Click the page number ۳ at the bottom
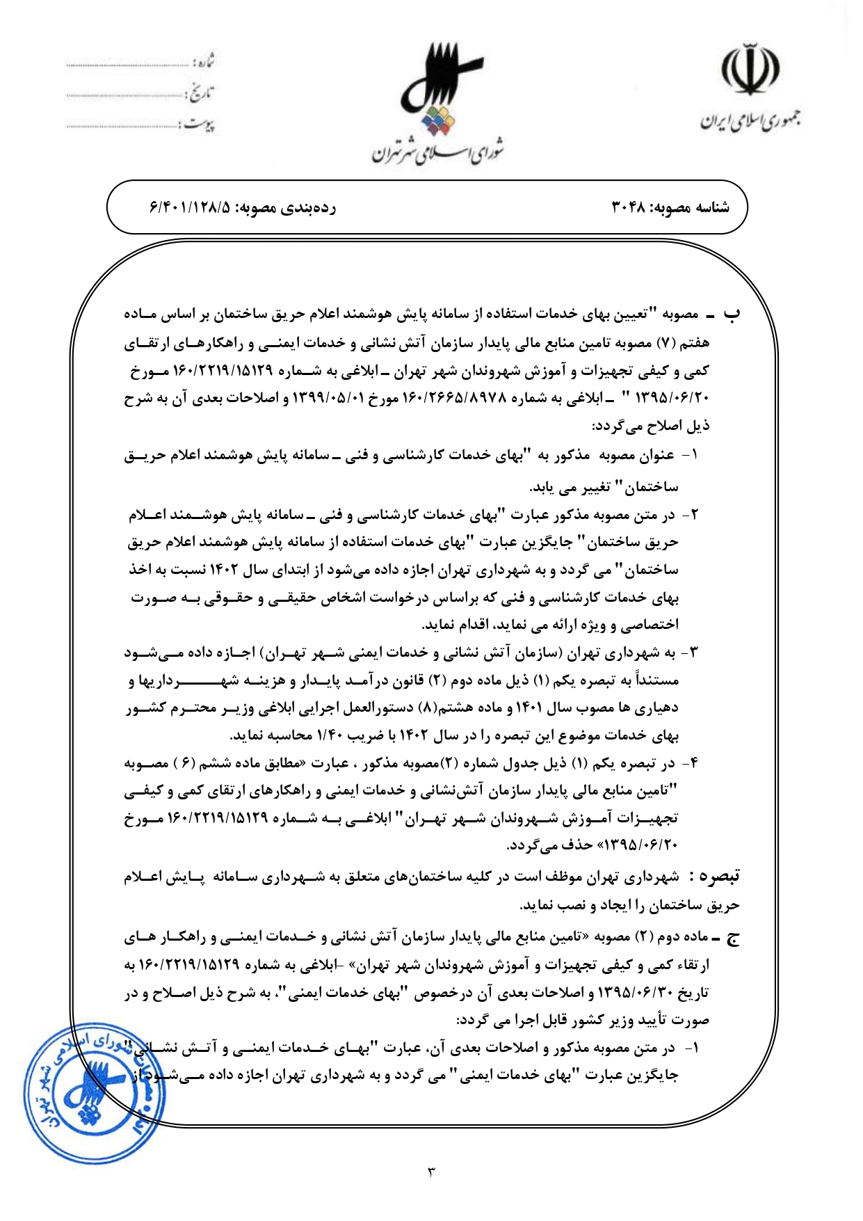431,1172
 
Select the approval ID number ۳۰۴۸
630,207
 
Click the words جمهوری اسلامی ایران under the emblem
750,122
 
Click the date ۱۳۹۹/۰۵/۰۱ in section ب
322,399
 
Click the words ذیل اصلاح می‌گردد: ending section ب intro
650,426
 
